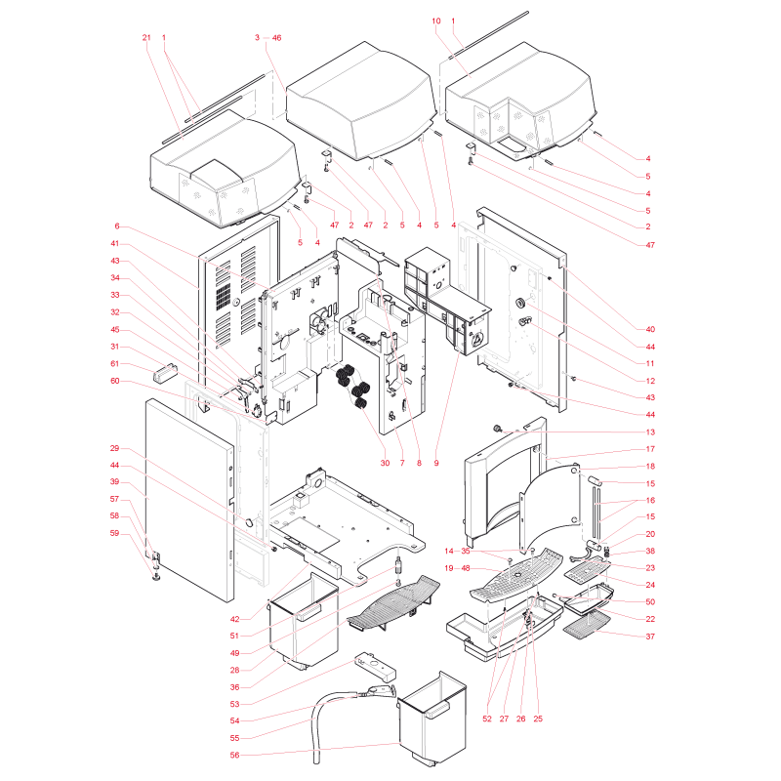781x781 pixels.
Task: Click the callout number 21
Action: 145,38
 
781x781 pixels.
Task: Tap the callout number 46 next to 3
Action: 276,38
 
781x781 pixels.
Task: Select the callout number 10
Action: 436,21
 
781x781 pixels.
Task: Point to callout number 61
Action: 115,363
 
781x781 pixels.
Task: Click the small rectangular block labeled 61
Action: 165,373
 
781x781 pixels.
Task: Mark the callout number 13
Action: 650,432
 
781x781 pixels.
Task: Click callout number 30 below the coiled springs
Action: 385,463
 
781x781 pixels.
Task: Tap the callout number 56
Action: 235,755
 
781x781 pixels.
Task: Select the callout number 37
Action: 650,637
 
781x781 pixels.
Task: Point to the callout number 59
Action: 115,533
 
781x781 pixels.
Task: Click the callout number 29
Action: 115,448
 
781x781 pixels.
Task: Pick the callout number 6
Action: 117,226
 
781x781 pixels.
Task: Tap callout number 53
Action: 235,704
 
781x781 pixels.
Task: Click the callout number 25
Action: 538,719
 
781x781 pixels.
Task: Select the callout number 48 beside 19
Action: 466,568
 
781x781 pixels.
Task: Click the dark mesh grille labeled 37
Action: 587,623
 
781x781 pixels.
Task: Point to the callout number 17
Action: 650,449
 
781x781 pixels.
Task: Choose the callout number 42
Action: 235,619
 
